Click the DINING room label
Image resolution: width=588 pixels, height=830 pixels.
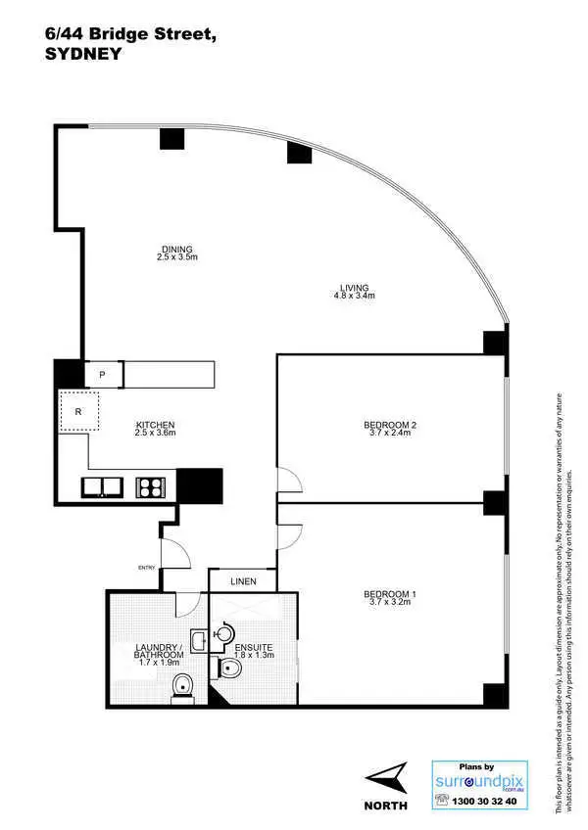click(x=177, y=249)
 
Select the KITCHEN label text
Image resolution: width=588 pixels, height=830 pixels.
click(x=155, y=426)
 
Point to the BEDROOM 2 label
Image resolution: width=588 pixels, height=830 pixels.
click(x=390, y=425)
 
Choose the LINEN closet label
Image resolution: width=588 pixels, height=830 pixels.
click(x=243, y=581)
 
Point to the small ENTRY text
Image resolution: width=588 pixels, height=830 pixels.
click(x=148, y=567)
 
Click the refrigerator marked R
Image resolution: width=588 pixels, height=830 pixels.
click(x=78, y=412)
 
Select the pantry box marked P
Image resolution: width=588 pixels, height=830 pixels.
click(x=103, y=374)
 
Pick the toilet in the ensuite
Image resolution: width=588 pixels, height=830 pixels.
click(x=230, y=669)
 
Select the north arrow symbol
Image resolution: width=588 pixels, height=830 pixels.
click(x=388, y=780)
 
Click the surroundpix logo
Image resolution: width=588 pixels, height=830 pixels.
click(x=480, y=781)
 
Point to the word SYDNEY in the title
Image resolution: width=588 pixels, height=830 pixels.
click(x=83, y=55)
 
